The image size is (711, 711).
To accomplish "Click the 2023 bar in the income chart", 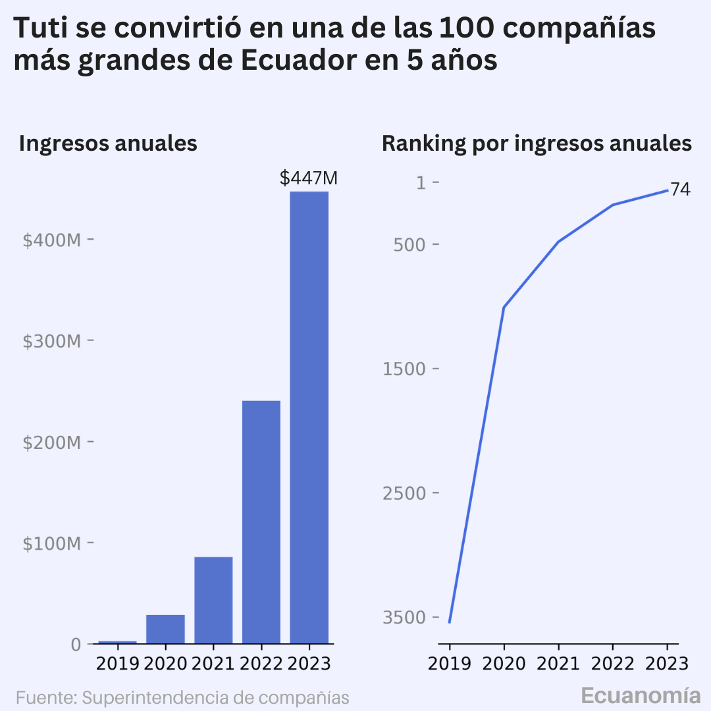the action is [309, 417].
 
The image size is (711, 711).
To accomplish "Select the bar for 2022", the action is [261, 522].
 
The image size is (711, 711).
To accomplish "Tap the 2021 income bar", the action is [213, 600].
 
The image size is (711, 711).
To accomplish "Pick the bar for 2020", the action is [165, 629].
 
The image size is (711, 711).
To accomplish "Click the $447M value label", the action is [309, 178].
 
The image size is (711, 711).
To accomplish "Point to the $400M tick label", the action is [52, 240].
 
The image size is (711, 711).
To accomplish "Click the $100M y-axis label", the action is [52, 543].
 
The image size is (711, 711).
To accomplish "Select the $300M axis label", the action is [52, 341].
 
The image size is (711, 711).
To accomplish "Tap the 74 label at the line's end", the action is [680, 190].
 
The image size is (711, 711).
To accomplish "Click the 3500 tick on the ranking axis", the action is [404, 617].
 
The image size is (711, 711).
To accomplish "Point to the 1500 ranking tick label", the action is [404, 369].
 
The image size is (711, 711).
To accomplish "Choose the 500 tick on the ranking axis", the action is [410, 245].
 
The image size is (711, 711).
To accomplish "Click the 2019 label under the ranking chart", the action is [450, 664].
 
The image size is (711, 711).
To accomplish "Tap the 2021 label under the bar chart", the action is [213, 664].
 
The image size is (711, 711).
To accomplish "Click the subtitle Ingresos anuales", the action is [108, 144].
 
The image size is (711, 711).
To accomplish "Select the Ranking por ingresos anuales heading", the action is [537, 144].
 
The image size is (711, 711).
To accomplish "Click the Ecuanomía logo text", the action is [641, 695].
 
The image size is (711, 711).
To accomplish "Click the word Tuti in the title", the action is [41, 28].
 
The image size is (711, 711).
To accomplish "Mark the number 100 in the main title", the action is [466, 28].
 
